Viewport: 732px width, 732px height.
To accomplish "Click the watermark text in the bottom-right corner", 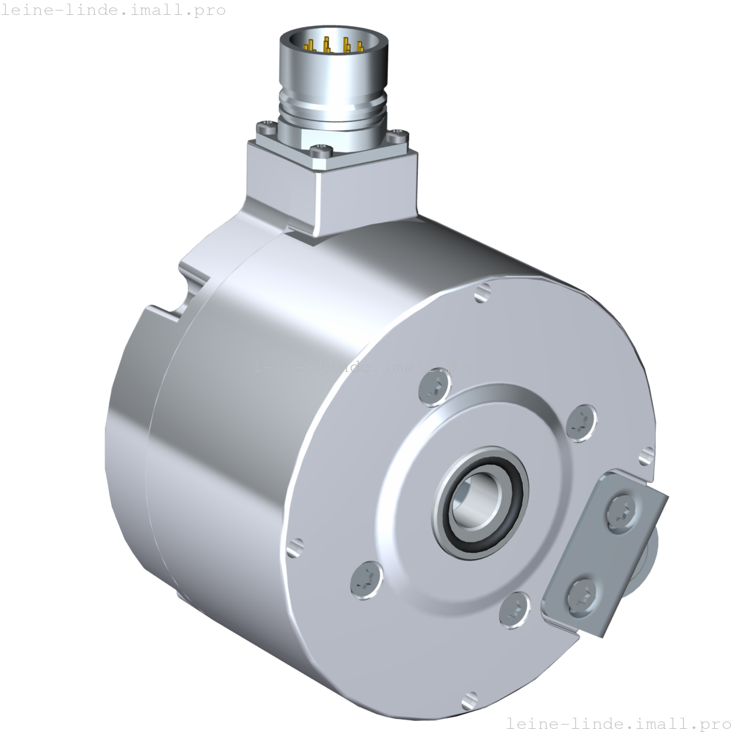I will click(x=619, y=723).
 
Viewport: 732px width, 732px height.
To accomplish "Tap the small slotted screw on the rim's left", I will click(x=295, y=547).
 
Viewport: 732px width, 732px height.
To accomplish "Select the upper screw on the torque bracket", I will click(x=622, y=509).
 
